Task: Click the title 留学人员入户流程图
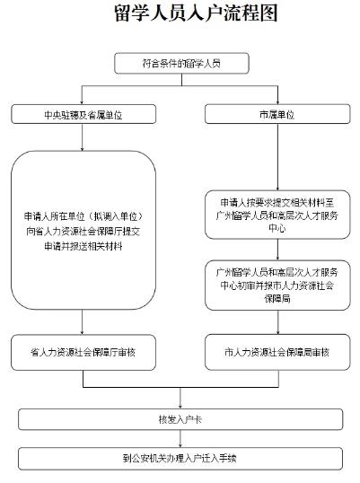[x=197, y=13]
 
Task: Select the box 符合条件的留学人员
[x=181, y=64]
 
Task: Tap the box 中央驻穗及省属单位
[x=83, y=114]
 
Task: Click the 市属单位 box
[x=277, y=114]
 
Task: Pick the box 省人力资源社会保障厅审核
[x=83, y=353]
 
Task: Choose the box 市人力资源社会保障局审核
[x=277, y=353]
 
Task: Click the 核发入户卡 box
[x=180, y=419]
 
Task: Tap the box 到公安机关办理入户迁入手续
[x=180, y=459]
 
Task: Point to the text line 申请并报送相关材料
[x=83, y=246]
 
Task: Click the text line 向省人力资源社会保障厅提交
[x=83, y=232]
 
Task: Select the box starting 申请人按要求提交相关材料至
[x=277, y=215]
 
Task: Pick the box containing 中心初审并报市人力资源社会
[x=277, y=285]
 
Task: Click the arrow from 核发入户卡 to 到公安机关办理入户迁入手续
[x=180, y=439]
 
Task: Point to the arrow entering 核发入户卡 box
[x=180, y=398]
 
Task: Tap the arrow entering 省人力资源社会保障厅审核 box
[x=82, y=322]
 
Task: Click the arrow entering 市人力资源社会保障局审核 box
[x=278, y=322]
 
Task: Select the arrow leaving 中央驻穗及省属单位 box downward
[x=82, y=137]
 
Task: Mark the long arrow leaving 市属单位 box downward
[x=277, y=157]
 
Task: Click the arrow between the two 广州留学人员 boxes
[x=277, y=250]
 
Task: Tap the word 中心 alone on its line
[x=277, y=228]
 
